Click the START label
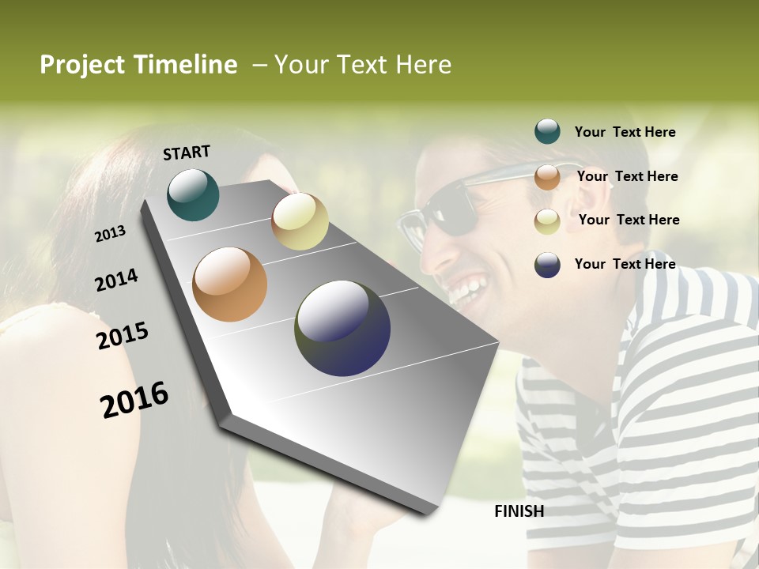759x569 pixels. click(x=187, y=153)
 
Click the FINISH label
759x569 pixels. click(x=519, y=511)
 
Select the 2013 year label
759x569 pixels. click(x=110, y=234)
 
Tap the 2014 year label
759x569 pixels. click(x=116, y=281)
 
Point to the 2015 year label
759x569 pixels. click(x=123, y=336)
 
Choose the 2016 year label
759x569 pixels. click(x=134, y=400)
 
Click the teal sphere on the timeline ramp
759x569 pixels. click(x=193, y=194)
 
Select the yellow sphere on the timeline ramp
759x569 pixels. click(x=300, y=221)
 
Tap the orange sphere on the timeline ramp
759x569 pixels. click(x=229, y=284)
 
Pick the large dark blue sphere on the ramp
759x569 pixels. click(x=342, y=328)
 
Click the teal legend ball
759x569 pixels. click(x=547, y=132)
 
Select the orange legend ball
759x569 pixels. click(x=547, y=177)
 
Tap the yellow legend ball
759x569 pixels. click(x=547, y=221)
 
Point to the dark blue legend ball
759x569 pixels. click(x=547, y=265)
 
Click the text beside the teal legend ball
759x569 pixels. click(x=625, y=132)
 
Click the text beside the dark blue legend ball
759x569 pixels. click(x=625, y=264)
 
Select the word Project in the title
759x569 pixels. click(x=81, y=65)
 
